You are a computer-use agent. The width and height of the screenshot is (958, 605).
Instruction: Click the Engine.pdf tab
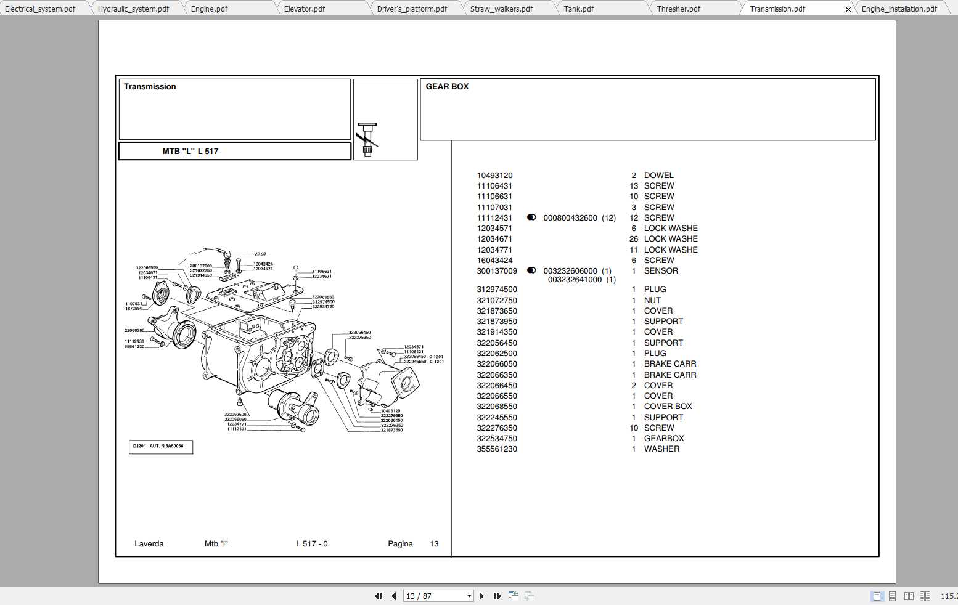tap(210, 9)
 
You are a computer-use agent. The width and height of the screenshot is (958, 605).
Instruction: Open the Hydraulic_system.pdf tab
tap(133, 9)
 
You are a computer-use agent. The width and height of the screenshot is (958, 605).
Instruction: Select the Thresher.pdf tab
tap(678, 9)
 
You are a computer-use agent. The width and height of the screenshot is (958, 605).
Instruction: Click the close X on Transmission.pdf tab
tap(848, 9)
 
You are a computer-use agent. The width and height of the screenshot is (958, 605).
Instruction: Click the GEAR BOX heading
tap(447, 87)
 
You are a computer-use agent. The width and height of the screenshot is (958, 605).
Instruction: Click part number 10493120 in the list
tap(494, 176)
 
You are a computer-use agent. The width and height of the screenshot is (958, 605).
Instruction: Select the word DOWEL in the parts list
tap(658, 176)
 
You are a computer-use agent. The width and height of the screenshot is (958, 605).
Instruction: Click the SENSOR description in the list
tap(661, 271)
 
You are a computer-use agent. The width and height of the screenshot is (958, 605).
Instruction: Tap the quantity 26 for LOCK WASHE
tap(633, 239)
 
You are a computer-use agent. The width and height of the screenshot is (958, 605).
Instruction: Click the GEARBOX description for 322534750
tap(664, 439)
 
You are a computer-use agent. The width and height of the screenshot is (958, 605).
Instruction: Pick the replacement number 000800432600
tap(570, 218)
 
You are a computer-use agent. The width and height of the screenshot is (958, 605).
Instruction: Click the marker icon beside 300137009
tap(531, 270)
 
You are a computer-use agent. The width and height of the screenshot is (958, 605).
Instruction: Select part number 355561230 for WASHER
tap(497, 449)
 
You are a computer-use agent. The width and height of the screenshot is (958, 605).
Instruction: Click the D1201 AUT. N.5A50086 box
tap(160, 447)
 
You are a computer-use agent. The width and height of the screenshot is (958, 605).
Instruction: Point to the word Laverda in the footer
tap(149, 544)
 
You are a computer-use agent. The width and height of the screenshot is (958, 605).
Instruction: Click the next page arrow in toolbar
tap(481, 596)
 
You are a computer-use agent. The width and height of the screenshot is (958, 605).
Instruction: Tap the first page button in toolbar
tap(379, 596)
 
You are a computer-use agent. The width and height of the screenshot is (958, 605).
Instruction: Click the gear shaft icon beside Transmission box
tap(367, 139)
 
